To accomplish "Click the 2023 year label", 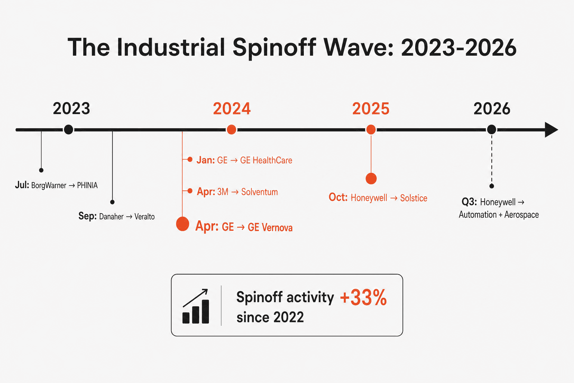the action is [x=71, y=108].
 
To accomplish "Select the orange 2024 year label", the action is [x=232, y=108].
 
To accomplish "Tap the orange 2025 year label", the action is [x=371, y=108].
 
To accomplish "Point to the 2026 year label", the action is [x=492, y=108].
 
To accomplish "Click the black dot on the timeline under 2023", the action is [x=68, y=129].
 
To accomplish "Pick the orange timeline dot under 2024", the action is [x=231, y=129].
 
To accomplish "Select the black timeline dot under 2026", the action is [x=491, y=129].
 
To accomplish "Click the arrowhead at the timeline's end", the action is [x=551, y=129].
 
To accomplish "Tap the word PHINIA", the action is [x=87, y=185].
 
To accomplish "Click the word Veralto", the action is [x=145, y=217].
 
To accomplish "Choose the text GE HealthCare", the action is [x=266, y=160].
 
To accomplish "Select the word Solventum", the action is [x=260, y=192].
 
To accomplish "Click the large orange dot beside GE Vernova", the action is [x=183, y=224].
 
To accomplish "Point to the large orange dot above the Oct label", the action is [x=371, y=178].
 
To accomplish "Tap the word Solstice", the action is [x=414, y=198].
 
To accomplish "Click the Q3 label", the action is [x=469, y=202].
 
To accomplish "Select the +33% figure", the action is [x=363, y=298].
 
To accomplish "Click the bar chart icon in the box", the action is [x=196, y=306].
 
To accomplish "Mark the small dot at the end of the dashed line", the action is [x=491, y=186].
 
